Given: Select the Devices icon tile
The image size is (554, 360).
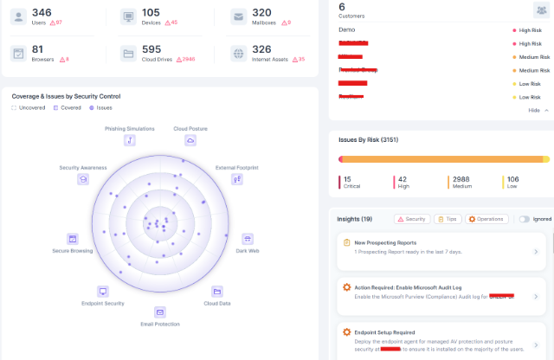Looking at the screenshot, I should (128, 17).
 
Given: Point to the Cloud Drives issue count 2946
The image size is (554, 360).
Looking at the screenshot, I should (195, 60).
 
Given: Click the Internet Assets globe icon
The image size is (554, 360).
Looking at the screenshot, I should (237, 53).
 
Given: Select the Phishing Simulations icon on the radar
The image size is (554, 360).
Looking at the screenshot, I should (129, 140).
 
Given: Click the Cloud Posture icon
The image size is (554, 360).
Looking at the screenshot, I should (190, 140).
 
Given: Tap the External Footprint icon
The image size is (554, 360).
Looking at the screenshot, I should (236, 179).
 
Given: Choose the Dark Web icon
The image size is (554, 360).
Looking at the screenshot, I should (247, 238).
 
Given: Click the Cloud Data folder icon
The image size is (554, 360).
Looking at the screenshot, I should (217, 292).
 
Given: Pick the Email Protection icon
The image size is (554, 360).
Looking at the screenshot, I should (160, 312).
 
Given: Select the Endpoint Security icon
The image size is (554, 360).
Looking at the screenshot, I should (103, 292).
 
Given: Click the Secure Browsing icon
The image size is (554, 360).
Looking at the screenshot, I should (73, 238).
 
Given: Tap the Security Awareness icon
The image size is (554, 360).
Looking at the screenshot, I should (83, 179).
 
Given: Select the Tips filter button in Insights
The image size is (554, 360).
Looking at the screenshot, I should (448, 219).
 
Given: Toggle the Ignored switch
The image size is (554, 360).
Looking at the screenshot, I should (524, 219).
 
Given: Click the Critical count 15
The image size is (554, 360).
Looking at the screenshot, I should (347, 179).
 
